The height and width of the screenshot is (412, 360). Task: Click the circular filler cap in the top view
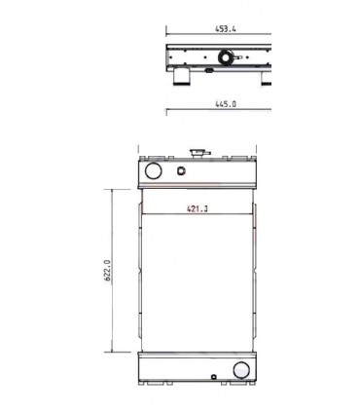(x=226, y=58)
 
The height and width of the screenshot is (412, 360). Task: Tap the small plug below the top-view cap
(x=211, y=70)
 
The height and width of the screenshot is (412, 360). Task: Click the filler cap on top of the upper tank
(x=202, y=153)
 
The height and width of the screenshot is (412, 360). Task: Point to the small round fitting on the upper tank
(x=180, y=171)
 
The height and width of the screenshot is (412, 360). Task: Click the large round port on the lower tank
(x=239, y=370)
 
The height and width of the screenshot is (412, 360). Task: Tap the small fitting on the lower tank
(x=214, y=373)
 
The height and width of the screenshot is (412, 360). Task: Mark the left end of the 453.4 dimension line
(x=166, y=35)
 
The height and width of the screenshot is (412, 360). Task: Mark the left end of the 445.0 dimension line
(x=166, y=107)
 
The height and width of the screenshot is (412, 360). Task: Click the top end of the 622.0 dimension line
(x=115, y=188)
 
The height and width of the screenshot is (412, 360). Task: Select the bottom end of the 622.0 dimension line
(x=115, y=353)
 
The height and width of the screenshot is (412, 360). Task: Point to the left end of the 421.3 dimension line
(x=141, y=213)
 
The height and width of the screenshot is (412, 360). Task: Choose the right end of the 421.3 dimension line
(x=256, y=213)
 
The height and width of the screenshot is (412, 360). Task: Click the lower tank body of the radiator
(x=195, y=369)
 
